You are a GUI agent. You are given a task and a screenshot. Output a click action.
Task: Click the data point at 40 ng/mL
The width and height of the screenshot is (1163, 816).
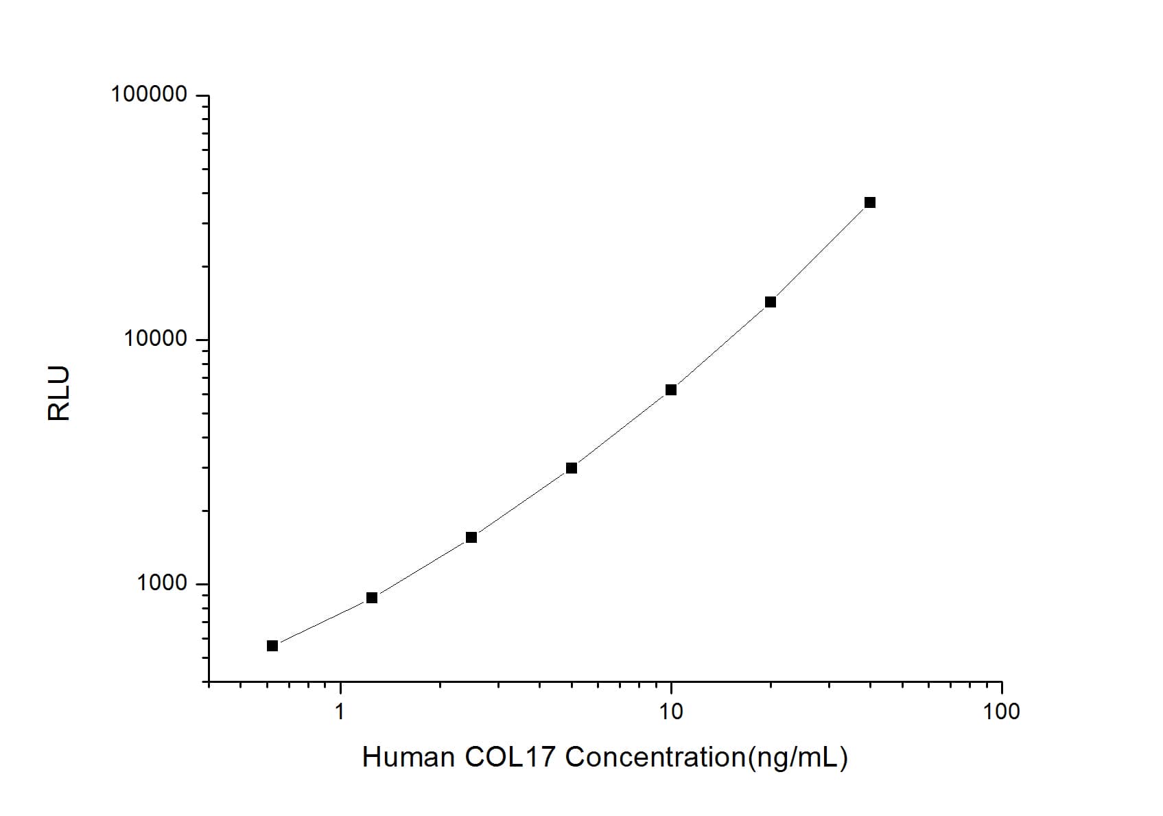click(x=869, y=202)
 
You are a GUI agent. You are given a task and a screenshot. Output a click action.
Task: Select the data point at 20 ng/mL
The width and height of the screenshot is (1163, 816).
click(x=770, y=302)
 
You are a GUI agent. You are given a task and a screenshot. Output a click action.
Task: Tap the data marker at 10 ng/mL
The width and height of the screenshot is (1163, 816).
click(x=671, y=390)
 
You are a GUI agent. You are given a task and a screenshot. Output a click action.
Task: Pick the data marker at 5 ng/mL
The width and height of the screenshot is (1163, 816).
click(x=572, y=468)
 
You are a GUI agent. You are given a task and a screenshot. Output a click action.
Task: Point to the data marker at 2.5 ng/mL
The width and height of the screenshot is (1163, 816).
click(x=471, y=537)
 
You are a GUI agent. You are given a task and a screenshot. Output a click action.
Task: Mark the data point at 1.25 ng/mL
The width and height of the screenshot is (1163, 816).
click(x=372, y=598)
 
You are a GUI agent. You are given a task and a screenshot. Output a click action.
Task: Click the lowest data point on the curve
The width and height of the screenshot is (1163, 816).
click(x=272, y=646)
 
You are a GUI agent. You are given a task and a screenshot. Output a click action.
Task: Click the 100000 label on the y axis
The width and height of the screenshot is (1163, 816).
click(x=149, y=94)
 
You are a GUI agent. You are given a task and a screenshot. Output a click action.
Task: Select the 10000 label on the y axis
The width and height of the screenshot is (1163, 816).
click(x=156, y=339)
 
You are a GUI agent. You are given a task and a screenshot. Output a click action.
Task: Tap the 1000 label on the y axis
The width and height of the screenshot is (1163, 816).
click(x=162, y=583)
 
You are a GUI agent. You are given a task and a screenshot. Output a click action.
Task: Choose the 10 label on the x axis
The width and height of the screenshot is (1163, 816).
click(x=671, y=712)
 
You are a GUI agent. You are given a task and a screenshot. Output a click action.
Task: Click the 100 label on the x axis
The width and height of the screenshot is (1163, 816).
click(x=1001, y=712)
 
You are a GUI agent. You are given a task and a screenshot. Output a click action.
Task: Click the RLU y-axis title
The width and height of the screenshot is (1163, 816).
click(x=59, y=393)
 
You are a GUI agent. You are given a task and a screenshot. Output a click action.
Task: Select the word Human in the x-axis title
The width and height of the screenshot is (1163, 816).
click(x=408, y=758)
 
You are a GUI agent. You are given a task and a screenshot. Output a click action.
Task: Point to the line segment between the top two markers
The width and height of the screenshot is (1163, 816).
click(x=820, y=252)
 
